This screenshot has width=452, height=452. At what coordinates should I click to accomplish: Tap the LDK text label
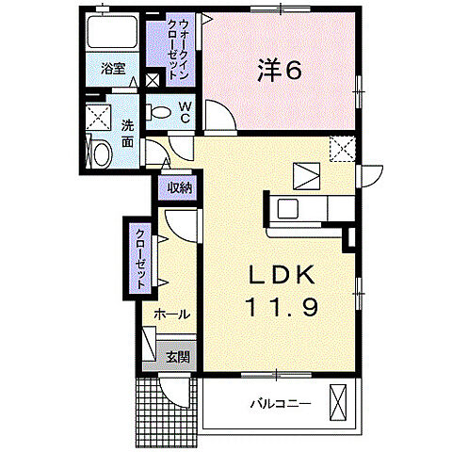[285, 276]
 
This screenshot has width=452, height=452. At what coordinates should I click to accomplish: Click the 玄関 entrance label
[177, 357]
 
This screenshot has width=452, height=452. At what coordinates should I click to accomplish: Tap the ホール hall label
[170, 314]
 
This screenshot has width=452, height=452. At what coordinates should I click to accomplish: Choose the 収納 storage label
[180, 187]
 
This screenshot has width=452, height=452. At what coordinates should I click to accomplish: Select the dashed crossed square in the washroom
[97, 118]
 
